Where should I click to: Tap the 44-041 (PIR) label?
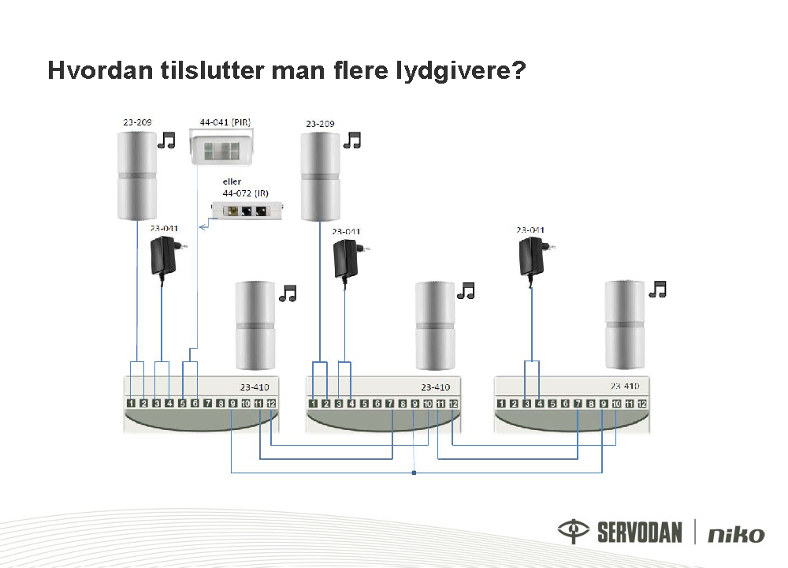225,122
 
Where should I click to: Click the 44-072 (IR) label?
245,193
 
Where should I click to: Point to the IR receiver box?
247,210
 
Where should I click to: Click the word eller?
232,181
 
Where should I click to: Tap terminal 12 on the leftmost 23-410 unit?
271,403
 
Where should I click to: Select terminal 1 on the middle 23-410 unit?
313,403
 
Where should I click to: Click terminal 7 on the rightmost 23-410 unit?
578,403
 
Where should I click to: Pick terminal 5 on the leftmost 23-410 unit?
182,403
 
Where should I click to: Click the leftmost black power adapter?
165,256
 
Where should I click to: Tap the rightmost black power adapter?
534,256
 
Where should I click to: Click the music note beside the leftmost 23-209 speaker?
166,140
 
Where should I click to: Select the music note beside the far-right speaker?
657,290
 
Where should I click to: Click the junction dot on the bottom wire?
414,473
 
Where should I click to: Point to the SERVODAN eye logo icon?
574,531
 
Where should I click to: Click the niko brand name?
736,534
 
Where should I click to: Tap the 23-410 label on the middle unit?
435,387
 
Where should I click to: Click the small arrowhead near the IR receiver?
203,227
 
